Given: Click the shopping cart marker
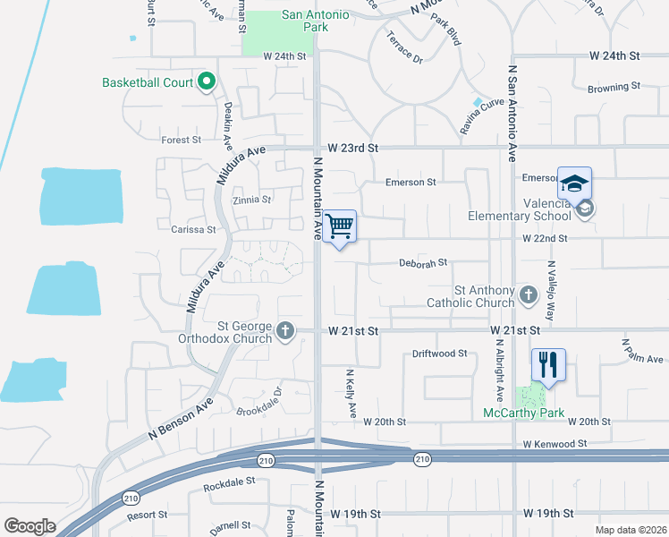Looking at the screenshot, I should coord(340,226).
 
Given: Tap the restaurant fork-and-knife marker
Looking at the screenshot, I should coord(548,364).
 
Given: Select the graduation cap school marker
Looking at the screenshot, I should coord(574,183).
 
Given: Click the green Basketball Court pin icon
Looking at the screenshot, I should coord(206,82).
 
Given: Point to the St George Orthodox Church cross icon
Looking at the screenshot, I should coord(285,331).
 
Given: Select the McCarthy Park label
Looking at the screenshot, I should coord(523,413).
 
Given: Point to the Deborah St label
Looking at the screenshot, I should coord(422,264).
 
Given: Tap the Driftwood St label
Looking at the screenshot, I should coord(440,354).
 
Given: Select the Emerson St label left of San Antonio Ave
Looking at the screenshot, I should coord(411,183).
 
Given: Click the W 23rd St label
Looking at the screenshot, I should coord(353,148).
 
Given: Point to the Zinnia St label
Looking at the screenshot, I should coord(251,200).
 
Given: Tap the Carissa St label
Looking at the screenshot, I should coord(193,229).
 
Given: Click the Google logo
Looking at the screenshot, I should coord(30,526).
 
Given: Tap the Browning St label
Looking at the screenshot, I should coord(614,88).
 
